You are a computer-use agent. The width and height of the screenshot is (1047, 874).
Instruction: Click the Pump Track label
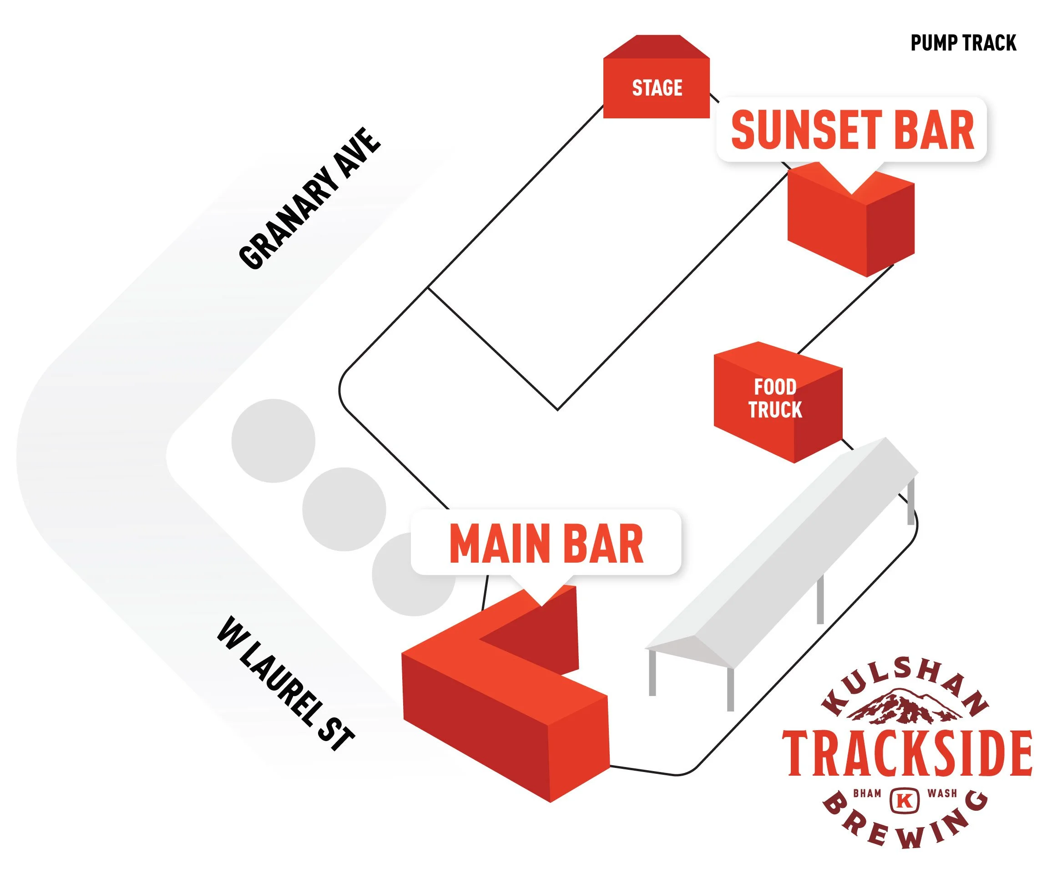pyautogui.click(x=963, y=43)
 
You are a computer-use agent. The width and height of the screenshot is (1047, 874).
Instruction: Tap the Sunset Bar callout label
pyautogui.click(x=851, y=130)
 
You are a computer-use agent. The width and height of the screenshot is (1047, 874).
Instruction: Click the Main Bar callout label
pyautogui.click(x=546, y=544)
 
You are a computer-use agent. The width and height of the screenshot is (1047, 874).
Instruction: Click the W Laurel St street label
pyautogui.click(x=286, y=683)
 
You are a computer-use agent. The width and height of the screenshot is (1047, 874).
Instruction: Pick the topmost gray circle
pyautogui.click(x=273, y=441)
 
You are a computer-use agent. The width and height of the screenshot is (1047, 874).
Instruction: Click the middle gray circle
pyautogui.click(x=344, y=509)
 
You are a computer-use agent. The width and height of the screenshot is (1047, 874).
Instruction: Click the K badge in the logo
pyautogui.click(x=905, y=800)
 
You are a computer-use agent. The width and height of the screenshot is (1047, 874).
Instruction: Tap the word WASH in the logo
pyautogui.click(x=942, y=793)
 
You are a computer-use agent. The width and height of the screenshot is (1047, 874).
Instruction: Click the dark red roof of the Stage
pyautogui.click(x=656, y=47)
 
